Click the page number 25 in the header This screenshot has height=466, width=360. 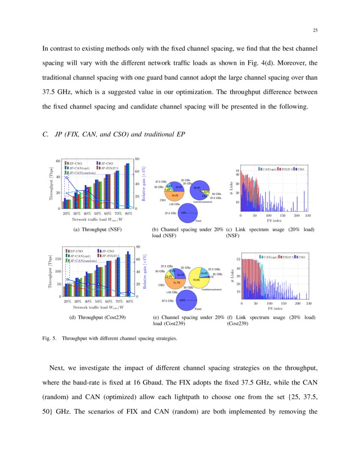tap(315, 30)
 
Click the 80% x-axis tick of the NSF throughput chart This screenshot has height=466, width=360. tap(129, 214)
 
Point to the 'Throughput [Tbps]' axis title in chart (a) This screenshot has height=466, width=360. tap(52, 183)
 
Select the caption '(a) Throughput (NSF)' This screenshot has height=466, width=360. tap(98, 230)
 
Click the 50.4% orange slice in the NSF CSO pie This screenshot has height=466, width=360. tap(174, 195)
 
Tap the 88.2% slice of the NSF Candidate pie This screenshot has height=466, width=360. tap(196, 188)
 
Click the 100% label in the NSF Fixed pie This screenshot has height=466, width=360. tap(184, 213)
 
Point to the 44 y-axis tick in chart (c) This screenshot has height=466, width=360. tap(238, 170)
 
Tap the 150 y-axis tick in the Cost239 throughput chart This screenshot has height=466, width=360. tap(58, 258)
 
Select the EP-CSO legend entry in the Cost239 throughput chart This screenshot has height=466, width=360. tap(76, 251)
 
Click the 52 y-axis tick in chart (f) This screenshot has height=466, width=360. tap(238, 259)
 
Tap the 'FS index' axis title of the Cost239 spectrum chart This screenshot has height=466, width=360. tap(274, 308)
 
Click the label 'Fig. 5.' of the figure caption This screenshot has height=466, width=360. tap(49, 338)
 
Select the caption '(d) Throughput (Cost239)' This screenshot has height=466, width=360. tap(98, 317)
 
